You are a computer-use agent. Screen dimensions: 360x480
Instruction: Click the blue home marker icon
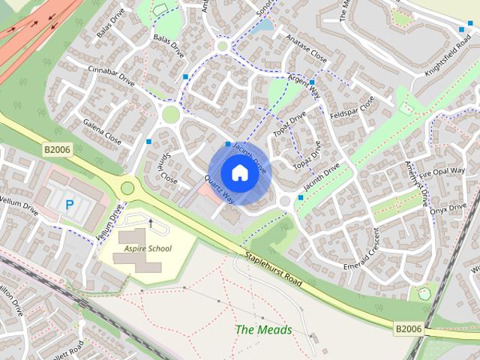pyautogui.click(x=238, y=172)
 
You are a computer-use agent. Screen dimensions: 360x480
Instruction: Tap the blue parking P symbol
pyautogui.click(x=70, y=204)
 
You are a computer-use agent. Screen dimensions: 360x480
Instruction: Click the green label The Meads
pyautogui.click(x=263, y=329)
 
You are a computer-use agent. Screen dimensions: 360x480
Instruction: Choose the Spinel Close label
pyautogui.click(x=165, y=169)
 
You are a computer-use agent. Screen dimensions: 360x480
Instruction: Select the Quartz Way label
pyautogui.click(x=219, y=190)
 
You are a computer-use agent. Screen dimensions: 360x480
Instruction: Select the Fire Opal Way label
pyautogui.click(x=442, y=175)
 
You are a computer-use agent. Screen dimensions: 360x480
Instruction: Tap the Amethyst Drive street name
pyautogui.click(x=415, y=183)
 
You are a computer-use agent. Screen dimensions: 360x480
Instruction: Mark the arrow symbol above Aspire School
pyautogui.click(x=150, y=223)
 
